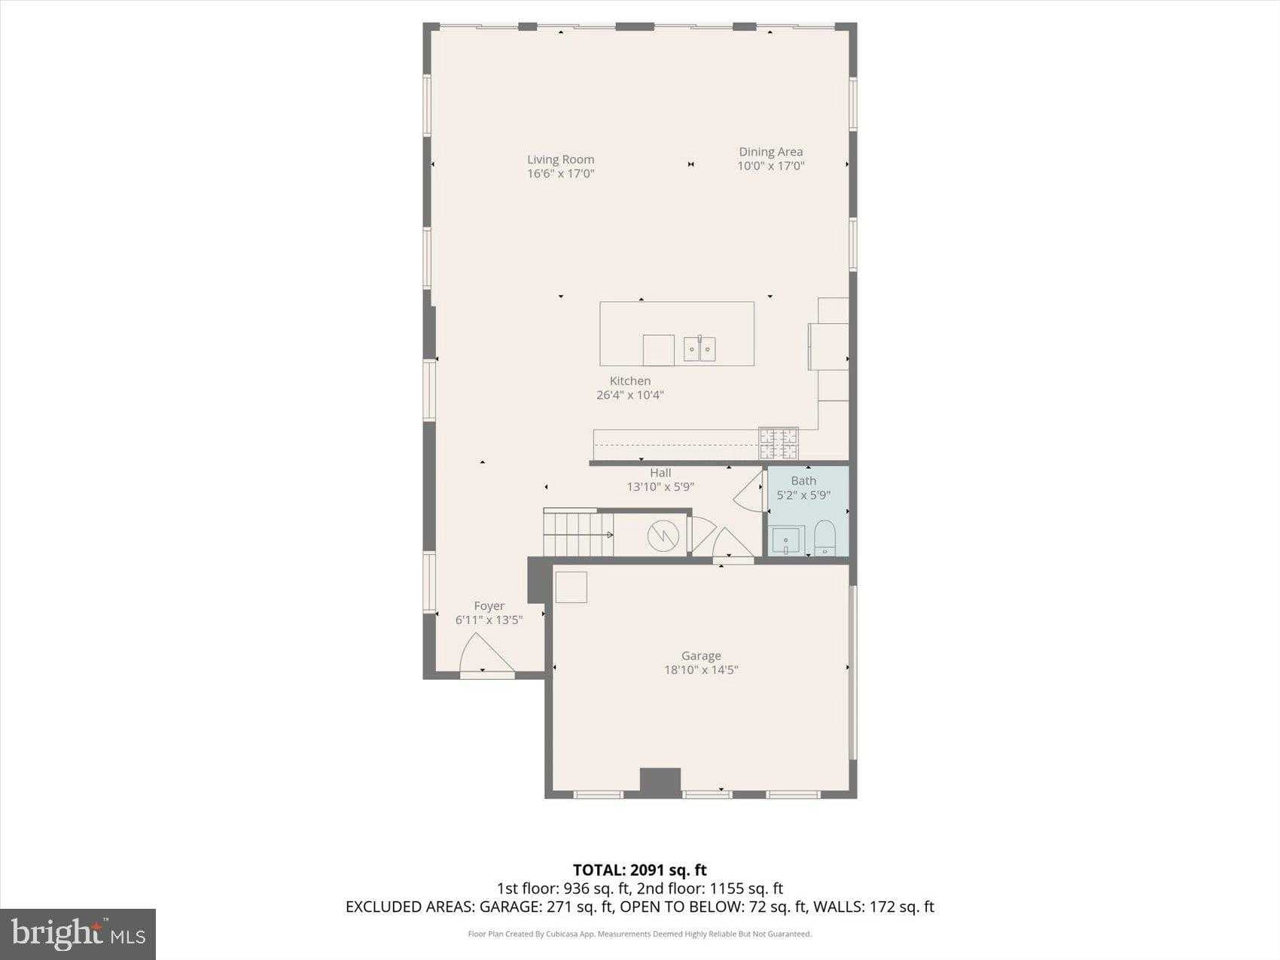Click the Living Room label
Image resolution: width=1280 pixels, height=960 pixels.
560,160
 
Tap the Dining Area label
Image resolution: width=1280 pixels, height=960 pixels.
770,152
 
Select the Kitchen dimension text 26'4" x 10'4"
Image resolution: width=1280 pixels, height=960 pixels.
630,395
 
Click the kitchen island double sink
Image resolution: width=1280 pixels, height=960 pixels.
699,349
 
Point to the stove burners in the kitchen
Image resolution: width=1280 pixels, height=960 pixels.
779,443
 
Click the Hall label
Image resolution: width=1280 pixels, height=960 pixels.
660,473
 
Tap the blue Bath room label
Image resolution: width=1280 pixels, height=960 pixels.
803,480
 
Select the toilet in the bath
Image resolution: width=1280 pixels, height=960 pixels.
825,538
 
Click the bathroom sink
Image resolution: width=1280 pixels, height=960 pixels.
785,541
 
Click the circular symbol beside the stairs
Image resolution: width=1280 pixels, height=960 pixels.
663,535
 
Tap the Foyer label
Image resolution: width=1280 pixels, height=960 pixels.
489,606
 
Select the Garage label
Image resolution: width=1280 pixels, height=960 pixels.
701,656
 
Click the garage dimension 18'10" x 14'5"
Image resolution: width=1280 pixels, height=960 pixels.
701,669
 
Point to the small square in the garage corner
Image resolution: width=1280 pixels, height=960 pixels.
571,587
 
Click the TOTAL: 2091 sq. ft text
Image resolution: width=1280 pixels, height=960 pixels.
639,870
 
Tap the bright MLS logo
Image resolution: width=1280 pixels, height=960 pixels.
78,934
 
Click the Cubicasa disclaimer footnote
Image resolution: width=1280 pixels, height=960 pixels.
639,934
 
